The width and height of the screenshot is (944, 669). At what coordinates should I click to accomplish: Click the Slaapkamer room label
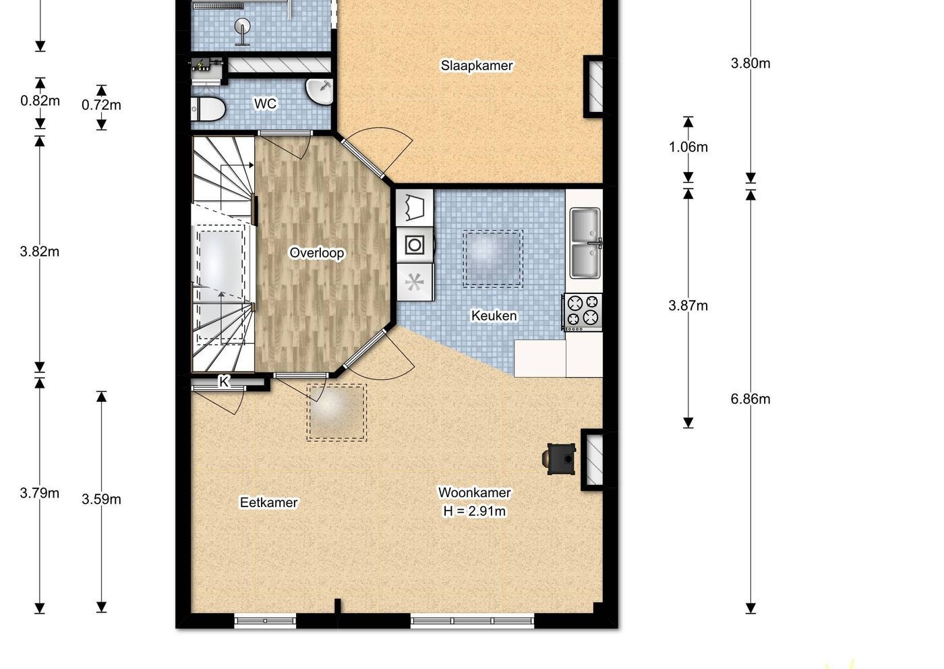pos(477,66)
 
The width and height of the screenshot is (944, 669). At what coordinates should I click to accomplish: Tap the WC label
pos(265,104)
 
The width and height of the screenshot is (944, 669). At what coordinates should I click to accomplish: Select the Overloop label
pos(316,253)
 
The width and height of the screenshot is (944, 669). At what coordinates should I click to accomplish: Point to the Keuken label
pos(494,316)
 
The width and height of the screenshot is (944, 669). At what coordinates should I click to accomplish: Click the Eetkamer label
pos(269,502)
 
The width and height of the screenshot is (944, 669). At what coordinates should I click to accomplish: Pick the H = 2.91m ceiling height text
pos(475,511)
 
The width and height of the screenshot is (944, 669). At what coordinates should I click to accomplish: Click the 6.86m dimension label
pos(750,399)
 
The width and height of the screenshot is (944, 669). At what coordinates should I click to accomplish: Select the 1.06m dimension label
pos(688,147)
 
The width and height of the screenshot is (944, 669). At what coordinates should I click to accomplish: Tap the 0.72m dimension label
pos(101,105)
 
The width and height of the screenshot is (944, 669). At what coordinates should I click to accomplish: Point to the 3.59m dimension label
pos(101,500)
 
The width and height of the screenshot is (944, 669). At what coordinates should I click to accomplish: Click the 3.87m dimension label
pos(688,306)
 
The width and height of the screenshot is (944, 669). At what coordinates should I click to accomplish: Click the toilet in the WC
pos(208,109)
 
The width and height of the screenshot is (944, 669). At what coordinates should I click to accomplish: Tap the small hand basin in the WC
pos(320,91)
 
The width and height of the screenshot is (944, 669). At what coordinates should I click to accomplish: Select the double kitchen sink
pos(585,243)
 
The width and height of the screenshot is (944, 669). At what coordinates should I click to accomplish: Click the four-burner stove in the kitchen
pos(583,312)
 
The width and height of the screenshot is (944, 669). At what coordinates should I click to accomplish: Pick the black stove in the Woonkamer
pos(560,459)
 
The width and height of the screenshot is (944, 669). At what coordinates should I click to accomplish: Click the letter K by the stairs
pos(224,382)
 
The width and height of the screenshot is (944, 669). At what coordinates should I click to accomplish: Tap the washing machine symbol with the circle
pos(415,245)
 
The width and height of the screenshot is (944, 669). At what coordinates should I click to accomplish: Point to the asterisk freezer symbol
pos(415,282)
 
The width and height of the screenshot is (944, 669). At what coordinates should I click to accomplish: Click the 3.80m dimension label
pos(750,63)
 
